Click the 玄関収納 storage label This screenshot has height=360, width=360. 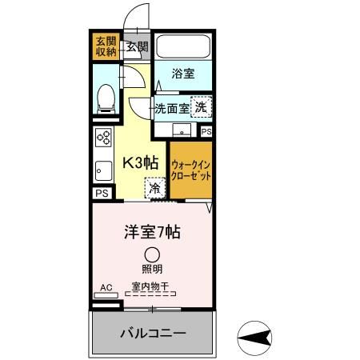click(x=106, y=45)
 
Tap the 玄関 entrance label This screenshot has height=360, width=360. click(x=137, y=46)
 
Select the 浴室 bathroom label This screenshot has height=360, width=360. click(x=183, y=74)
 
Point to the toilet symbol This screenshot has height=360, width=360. click(x=104, y=98)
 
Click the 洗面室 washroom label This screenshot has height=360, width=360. click(x=172, y=106)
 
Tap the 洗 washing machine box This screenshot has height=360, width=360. click(x=202, y=106)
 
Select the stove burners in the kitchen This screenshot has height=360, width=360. click(x=103, y=137)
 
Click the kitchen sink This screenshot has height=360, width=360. click(x=102, y=170)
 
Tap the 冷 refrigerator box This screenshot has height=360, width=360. click(x=153, y=190)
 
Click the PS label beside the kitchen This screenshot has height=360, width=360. click(x=102, y=194)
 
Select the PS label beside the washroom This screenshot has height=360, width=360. click(x=206, y=132)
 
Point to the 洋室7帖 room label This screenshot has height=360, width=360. click(x=151, y=233)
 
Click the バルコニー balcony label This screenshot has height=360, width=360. click(x=153, y=332)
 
